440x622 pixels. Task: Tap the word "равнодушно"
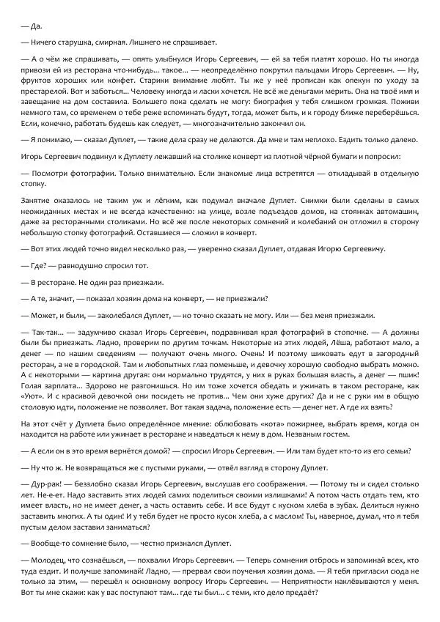[83, 266]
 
